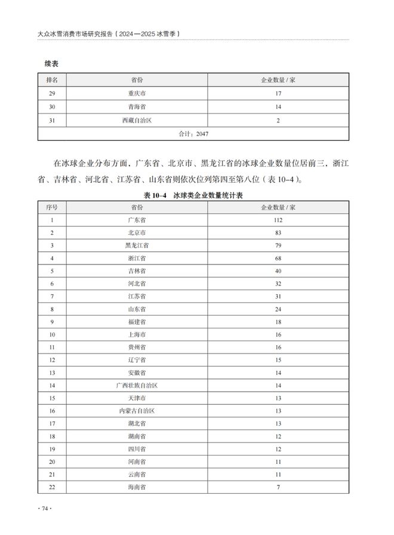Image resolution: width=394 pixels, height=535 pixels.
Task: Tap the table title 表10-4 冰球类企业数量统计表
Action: (x=196, y=195)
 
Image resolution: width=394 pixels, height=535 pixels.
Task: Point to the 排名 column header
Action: (x=52, y=79)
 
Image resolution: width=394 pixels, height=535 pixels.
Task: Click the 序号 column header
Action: (x=52, y=207)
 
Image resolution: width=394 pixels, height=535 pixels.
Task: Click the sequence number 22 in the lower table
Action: (x=52, y=487)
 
